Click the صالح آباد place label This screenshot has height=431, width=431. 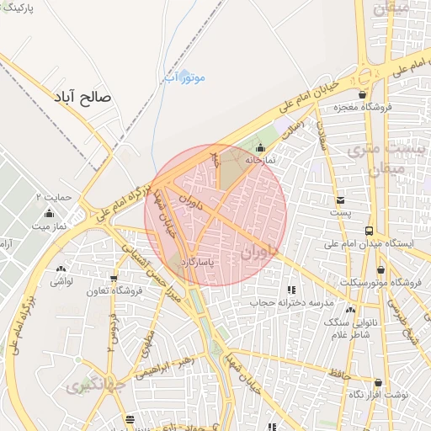[82, 98]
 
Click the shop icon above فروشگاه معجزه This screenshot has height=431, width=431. [363, 94]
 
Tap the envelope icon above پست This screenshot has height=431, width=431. [340, 200]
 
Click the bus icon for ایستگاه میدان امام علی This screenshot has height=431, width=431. [369, 231]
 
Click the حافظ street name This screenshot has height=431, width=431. [339, 371]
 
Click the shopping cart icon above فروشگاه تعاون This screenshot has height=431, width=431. [114, 279]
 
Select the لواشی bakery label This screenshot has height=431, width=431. [61, 281]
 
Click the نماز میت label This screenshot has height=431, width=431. [53, 226]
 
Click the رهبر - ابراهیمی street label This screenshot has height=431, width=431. [184, 364]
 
